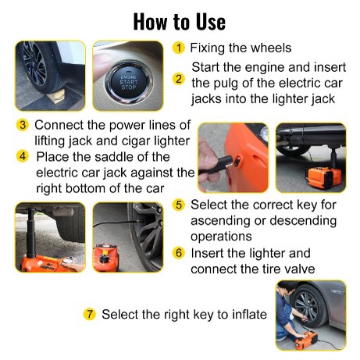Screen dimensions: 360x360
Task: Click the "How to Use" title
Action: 180,22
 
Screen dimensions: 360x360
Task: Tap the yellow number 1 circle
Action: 179,48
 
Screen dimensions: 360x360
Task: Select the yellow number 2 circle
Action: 179,79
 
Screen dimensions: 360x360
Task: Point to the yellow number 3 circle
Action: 23,125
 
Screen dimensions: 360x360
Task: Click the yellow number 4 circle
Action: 23,156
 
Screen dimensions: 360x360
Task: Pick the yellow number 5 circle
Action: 179,205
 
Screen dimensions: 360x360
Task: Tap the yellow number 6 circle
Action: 179,253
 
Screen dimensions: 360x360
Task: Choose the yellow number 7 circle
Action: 90,314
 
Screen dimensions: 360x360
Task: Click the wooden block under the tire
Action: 56,96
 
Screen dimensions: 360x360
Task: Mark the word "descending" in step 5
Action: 303,220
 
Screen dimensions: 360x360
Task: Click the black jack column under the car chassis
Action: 31,233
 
